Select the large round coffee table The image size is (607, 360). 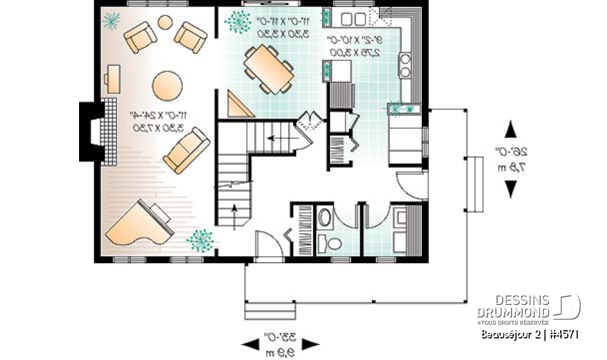point(168,85)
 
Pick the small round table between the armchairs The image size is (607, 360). point(164,23)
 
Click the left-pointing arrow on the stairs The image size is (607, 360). point(273,137)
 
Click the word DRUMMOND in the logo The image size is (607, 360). point(513,312)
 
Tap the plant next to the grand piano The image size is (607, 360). point(200,240)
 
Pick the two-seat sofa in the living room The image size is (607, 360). point(187,151)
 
